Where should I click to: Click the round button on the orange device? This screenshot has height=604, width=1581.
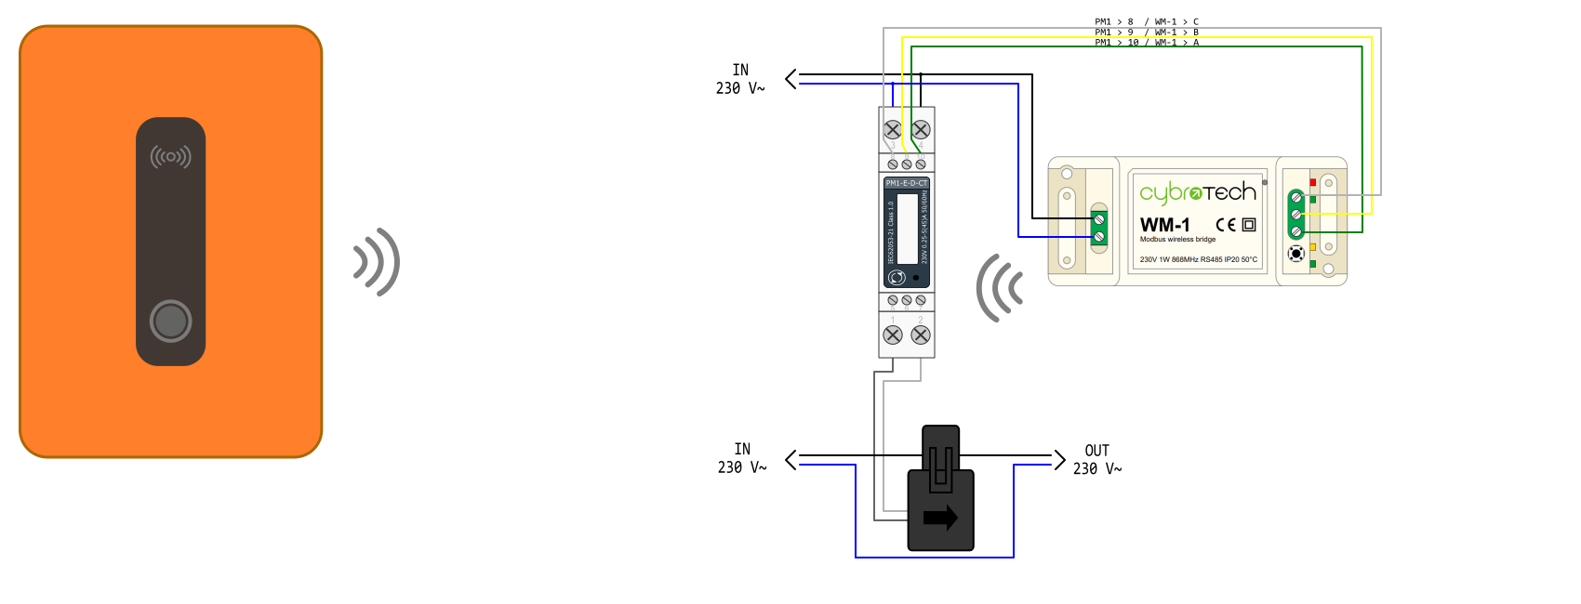[x=170, y=322]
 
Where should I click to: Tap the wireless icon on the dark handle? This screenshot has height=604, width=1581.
[x=170, y=157]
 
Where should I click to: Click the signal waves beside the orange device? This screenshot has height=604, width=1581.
[x=377, y=262]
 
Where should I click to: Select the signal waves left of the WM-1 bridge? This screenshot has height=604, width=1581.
[x=1000, y=288]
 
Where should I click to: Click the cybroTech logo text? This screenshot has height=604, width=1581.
[x=1198, y=192]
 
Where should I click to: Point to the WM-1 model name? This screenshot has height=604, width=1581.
[x=1164, y=225]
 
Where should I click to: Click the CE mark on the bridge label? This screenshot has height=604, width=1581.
[x=1226, y=225]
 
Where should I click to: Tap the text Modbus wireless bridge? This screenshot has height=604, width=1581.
[x=1177, y=240]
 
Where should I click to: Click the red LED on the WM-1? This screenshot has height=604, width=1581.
[x=1312, y=182]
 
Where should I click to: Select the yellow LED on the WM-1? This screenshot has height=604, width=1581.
[x=1312, y=247]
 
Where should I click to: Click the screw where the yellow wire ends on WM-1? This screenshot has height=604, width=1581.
[x=1295, y=214]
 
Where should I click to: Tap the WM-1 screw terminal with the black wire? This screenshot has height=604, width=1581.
[x=1099, y=219]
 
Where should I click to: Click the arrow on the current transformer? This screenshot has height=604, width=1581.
[x=940, y=518]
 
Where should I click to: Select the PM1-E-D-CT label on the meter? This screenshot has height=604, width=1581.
[x=906, y=183]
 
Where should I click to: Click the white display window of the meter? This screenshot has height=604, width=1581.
[x=907, y=228]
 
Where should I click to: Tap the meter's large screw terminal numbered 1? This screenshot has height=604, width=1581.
[x=893, y=335]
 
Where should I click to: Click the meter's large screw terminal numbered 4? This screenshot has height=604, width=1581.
[x=921, y=129]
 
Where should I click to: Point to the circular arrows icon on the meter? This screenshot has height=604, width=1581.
[x=897, y=277]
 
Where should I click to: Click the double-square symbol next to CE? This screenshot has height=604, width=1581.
[x=1249, y=225]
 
